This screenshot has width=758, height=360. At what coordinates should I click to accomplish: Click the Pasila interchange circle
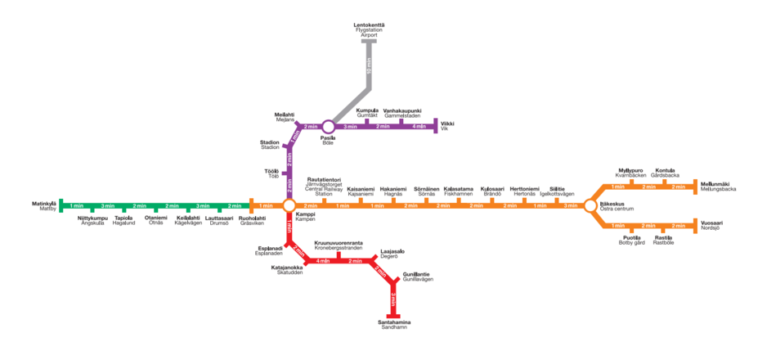[328, 127]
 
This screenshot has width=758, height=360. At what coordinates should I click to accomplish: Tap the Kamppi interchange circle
[289, 205]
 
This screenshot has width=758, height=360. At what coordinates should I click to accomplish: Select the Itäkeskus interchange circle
[590, 205]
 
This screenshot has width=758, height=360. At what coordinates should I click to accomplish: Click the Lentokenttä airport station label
[369, 30]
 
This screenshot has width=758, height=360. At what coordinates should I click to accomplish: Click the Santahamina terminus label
[394, 325]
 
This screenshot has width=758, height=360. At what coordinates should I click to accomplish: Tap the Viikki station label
[447, 126]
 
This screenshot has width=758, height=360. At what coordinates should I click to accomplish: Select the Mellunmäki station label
[718, 186]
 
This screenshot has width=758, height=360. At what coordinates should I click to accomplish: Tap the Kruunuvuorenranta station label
[339, 245]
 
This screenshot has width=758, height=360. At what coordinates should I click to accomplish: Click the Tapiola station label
[124, 220]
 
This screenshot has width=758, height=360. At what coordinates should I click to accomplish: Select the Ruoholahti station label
[252, 220]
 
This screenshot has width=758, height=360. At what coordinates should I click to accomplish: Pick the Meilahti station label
[285, 117]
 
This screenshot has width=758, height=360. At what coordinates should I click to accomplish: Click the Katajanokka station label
[287, 269]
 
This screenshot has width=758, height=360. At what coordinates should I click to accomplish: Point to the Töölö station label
[271, 173]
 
